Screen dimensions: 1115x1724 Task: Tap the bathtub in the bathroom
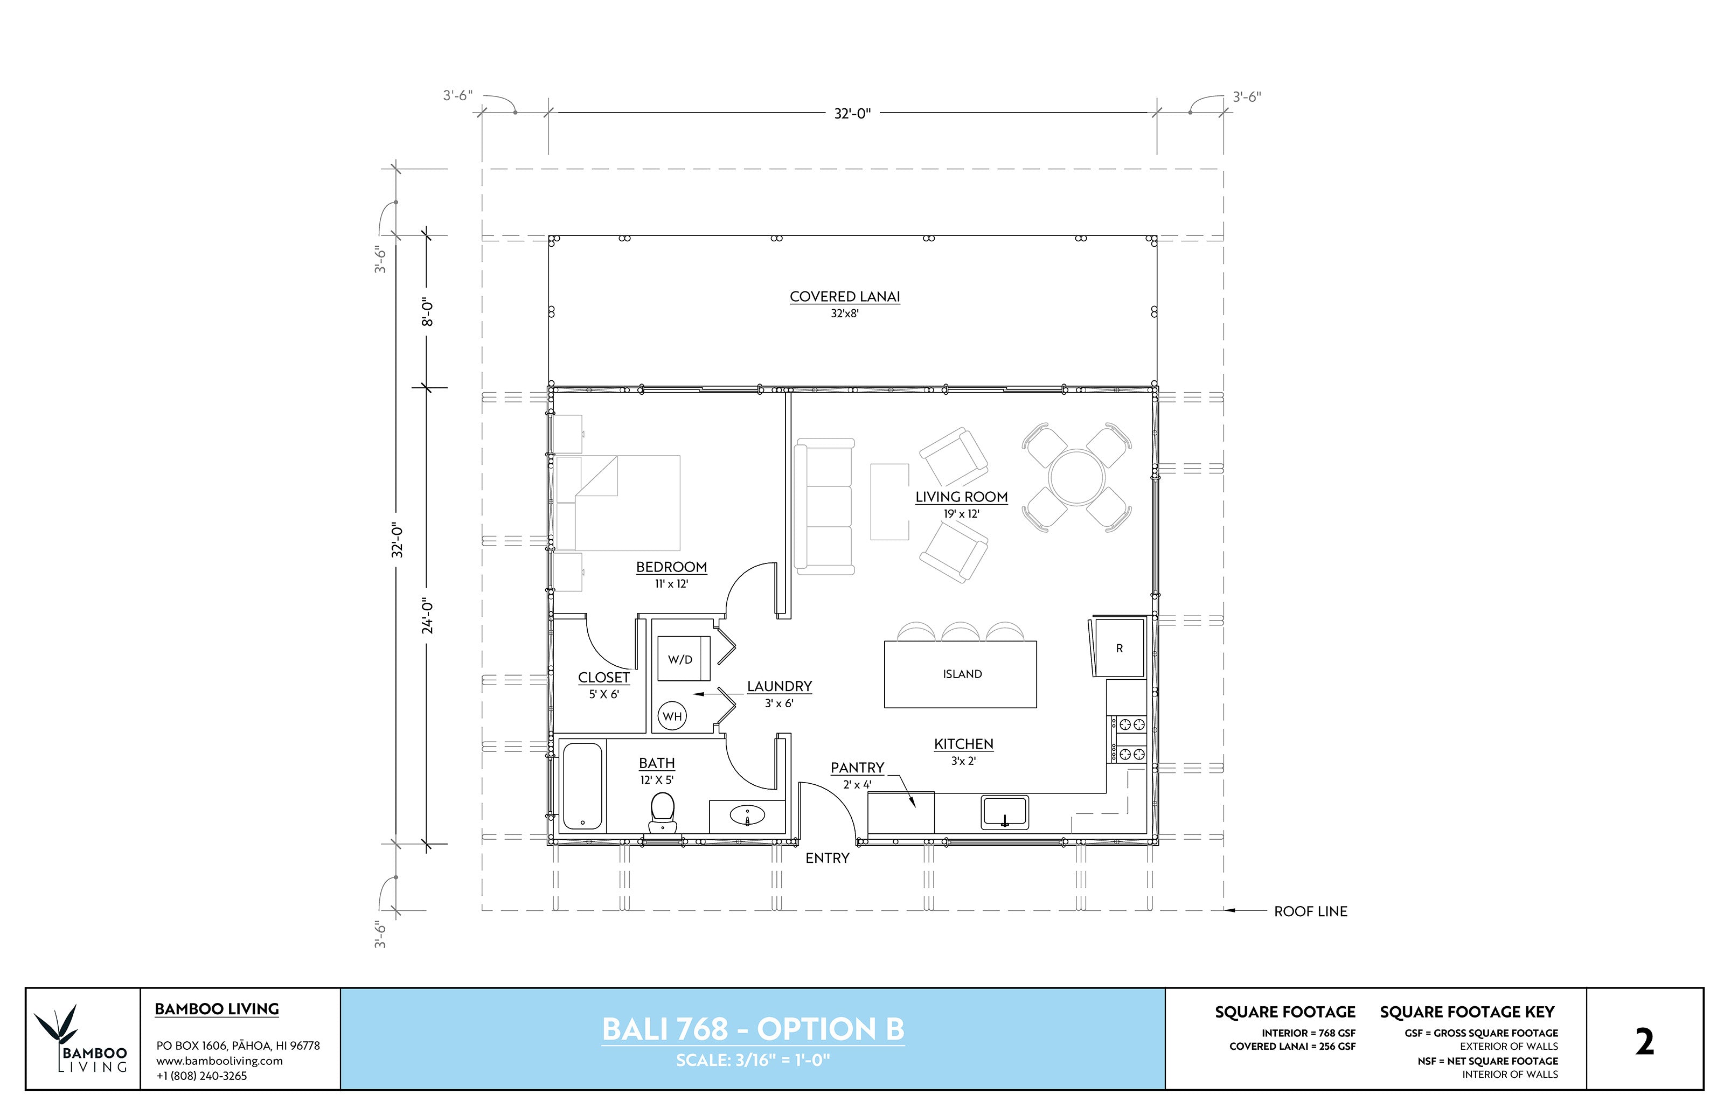[x=582, y=786]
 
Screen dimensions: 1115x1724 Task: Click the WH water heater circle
[x=672, y=716]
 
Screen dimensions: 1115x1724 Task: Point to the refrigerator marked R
[x=1118, y=648]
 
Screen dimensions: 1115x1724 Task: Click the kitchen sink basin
[x=1004, y=812]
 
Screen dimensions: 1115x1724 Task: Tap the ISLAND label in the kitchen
[x=962, y=674]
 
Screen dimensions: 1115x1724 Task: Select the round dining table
[x=1076, y=478]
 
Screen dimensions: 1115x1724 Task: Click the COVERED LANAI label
[x=844, y=297]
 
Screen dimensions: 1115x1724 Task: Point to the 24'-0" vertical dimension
[x=428, y=616]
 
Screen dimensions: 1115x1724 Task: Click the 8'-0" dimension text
[x=428, y=311]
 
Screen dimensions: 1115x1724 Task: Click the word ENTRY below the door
[x=827, y=858]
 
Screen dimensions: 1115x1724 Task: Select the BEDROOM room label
[x=671, y=567]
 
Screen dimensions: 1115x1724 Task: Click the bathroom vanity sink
[x=747, y=816]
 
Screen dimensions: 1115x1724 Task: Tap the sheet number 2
[x=1644, y=1043]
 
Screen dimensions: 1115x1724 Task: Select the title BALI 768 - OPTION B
[x=753, y=1029]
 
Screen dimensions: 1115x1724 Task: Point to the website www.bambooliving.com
[x=219, y=1061]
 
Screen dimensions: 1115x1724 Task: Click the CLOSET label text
[x=603, y=678]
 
